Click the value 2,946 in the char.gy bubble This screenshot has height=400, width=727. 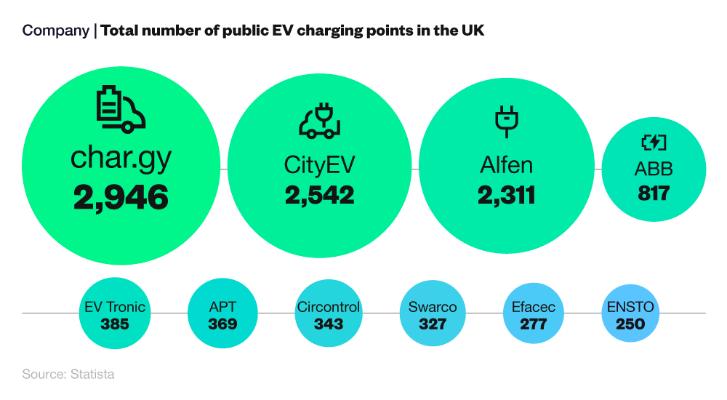[x=121, y=197]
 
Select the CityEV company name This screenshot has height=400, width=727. [x=319, y=164]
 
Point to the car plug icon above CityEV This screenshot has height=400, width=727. [x=319, y=121]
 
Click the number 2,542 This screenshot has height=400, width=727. [x=319, y=195]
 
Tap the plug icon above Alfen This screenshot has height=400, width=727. [x=506, y=121]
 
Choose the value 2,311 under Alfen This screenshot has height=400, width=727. [x=506, y=195]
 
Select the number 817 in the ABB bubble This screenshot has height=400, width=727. [x=653, y=193]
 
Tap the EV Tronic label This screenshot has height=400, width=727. [x=115, y=307]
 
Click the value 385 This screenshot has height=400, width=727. [x=115, y=324]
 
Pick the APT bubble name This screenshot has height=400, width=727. [x=222, y=307]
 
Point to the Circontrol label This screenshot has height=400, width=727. [x=329, y=307]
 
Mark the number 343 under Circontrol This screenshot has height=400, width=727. [x=329, y=324]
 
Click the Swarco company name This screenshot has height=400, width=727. [x=433, y=307]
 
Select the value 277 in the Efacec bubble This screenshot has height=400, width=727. [x=534, y=324]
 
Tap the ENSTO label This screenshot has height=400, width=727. [x=630, y=307]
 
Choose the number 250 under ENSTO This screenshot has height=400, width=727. [x=630, y=324]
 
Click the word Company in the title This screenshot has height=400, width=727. [x=55, y=31]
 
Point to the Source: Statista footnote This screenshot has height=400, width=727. [x=68, y=375]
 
